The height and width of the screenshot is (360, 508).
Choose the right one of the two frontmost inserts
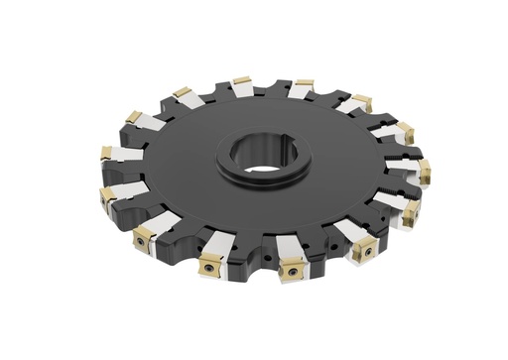pos(294,269)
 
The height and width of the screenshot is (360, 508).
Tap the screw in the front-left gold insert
pos(209,265)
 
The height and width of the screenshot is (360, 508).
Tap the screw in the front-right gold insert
pos(294,271)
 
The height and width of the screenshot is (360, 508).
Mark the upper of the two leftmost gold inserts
pos(106,153)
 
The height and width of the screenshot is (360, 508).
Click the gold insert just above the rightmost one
pos(405,129)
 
